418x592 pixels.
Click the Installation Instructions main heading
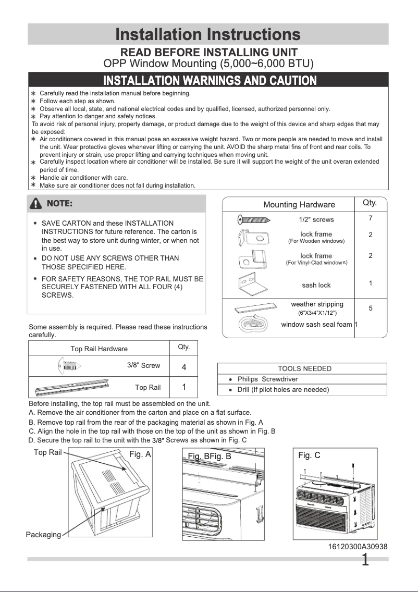(208, 35)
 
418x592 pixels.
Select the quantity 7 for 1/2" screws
(370, 218)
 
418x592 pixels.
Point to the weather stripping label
(317, 304)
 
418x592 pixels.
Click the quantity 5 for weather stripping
(370, 308)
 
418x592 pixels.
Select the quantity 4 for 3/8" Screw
(184, 367)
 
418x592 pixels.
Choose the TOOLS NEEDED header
(305, 368)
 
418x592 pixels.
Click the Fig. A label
(140, 454)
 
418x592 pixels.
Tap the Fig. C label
(309, 455)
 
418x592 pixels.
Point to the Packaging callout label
(43, 535)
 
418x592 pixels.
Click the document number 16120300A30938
(358, 546)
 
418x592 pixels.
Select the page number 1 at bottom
(365, 560)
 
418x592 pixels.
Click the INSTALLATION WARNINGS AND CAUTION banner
(210, 80)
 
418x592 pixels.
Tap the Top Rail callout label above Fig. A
(47, 452)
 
